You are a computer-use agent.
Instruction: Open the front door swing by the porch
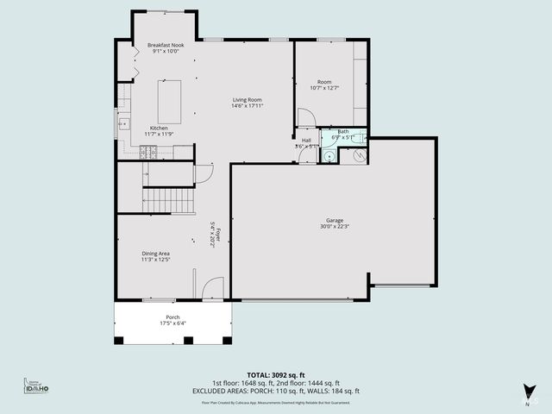pos(213,288)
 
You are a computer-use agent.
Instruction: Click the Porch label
pos(172,320)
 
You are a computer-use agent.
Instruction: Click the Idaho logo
pos(35,387)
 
